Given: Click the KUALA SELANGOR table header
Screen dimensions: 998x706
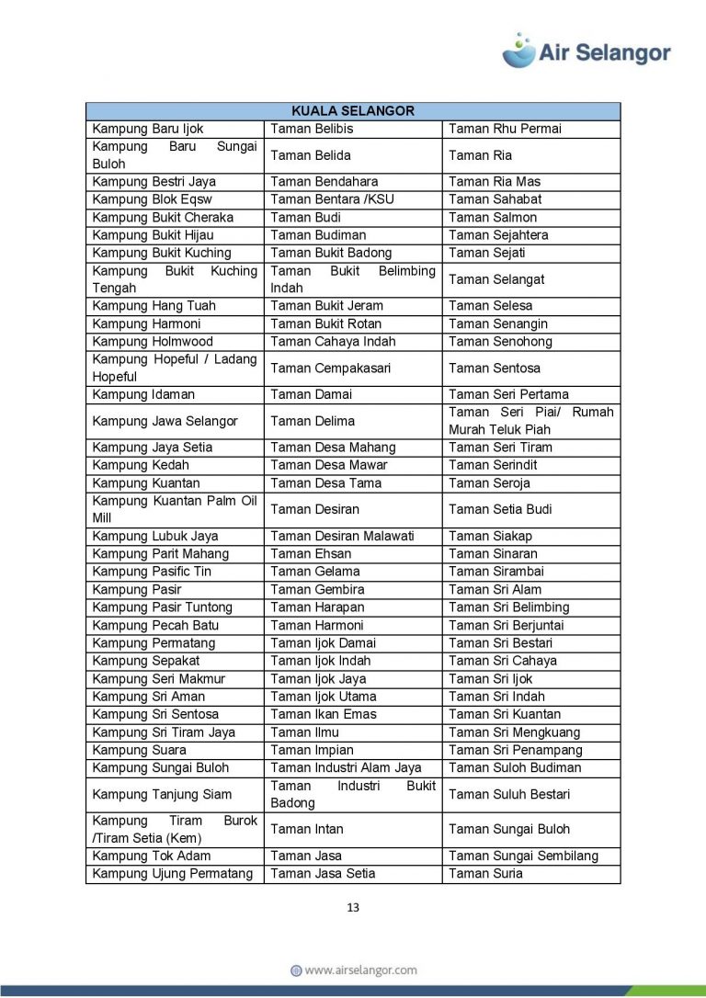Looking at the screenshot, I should pyautogui.click(x=352, y=111).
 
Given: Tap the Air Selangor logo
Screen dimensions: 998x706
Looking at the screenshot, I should pyautogui.click(x=586, y=51).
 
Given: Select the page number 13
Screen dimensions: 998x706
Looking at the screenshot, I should pyautogui.click(x=353, y=908).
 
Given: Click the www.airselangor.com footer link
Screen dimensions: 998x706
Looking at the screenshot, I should pyautogui.click(x=353, y=970).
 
